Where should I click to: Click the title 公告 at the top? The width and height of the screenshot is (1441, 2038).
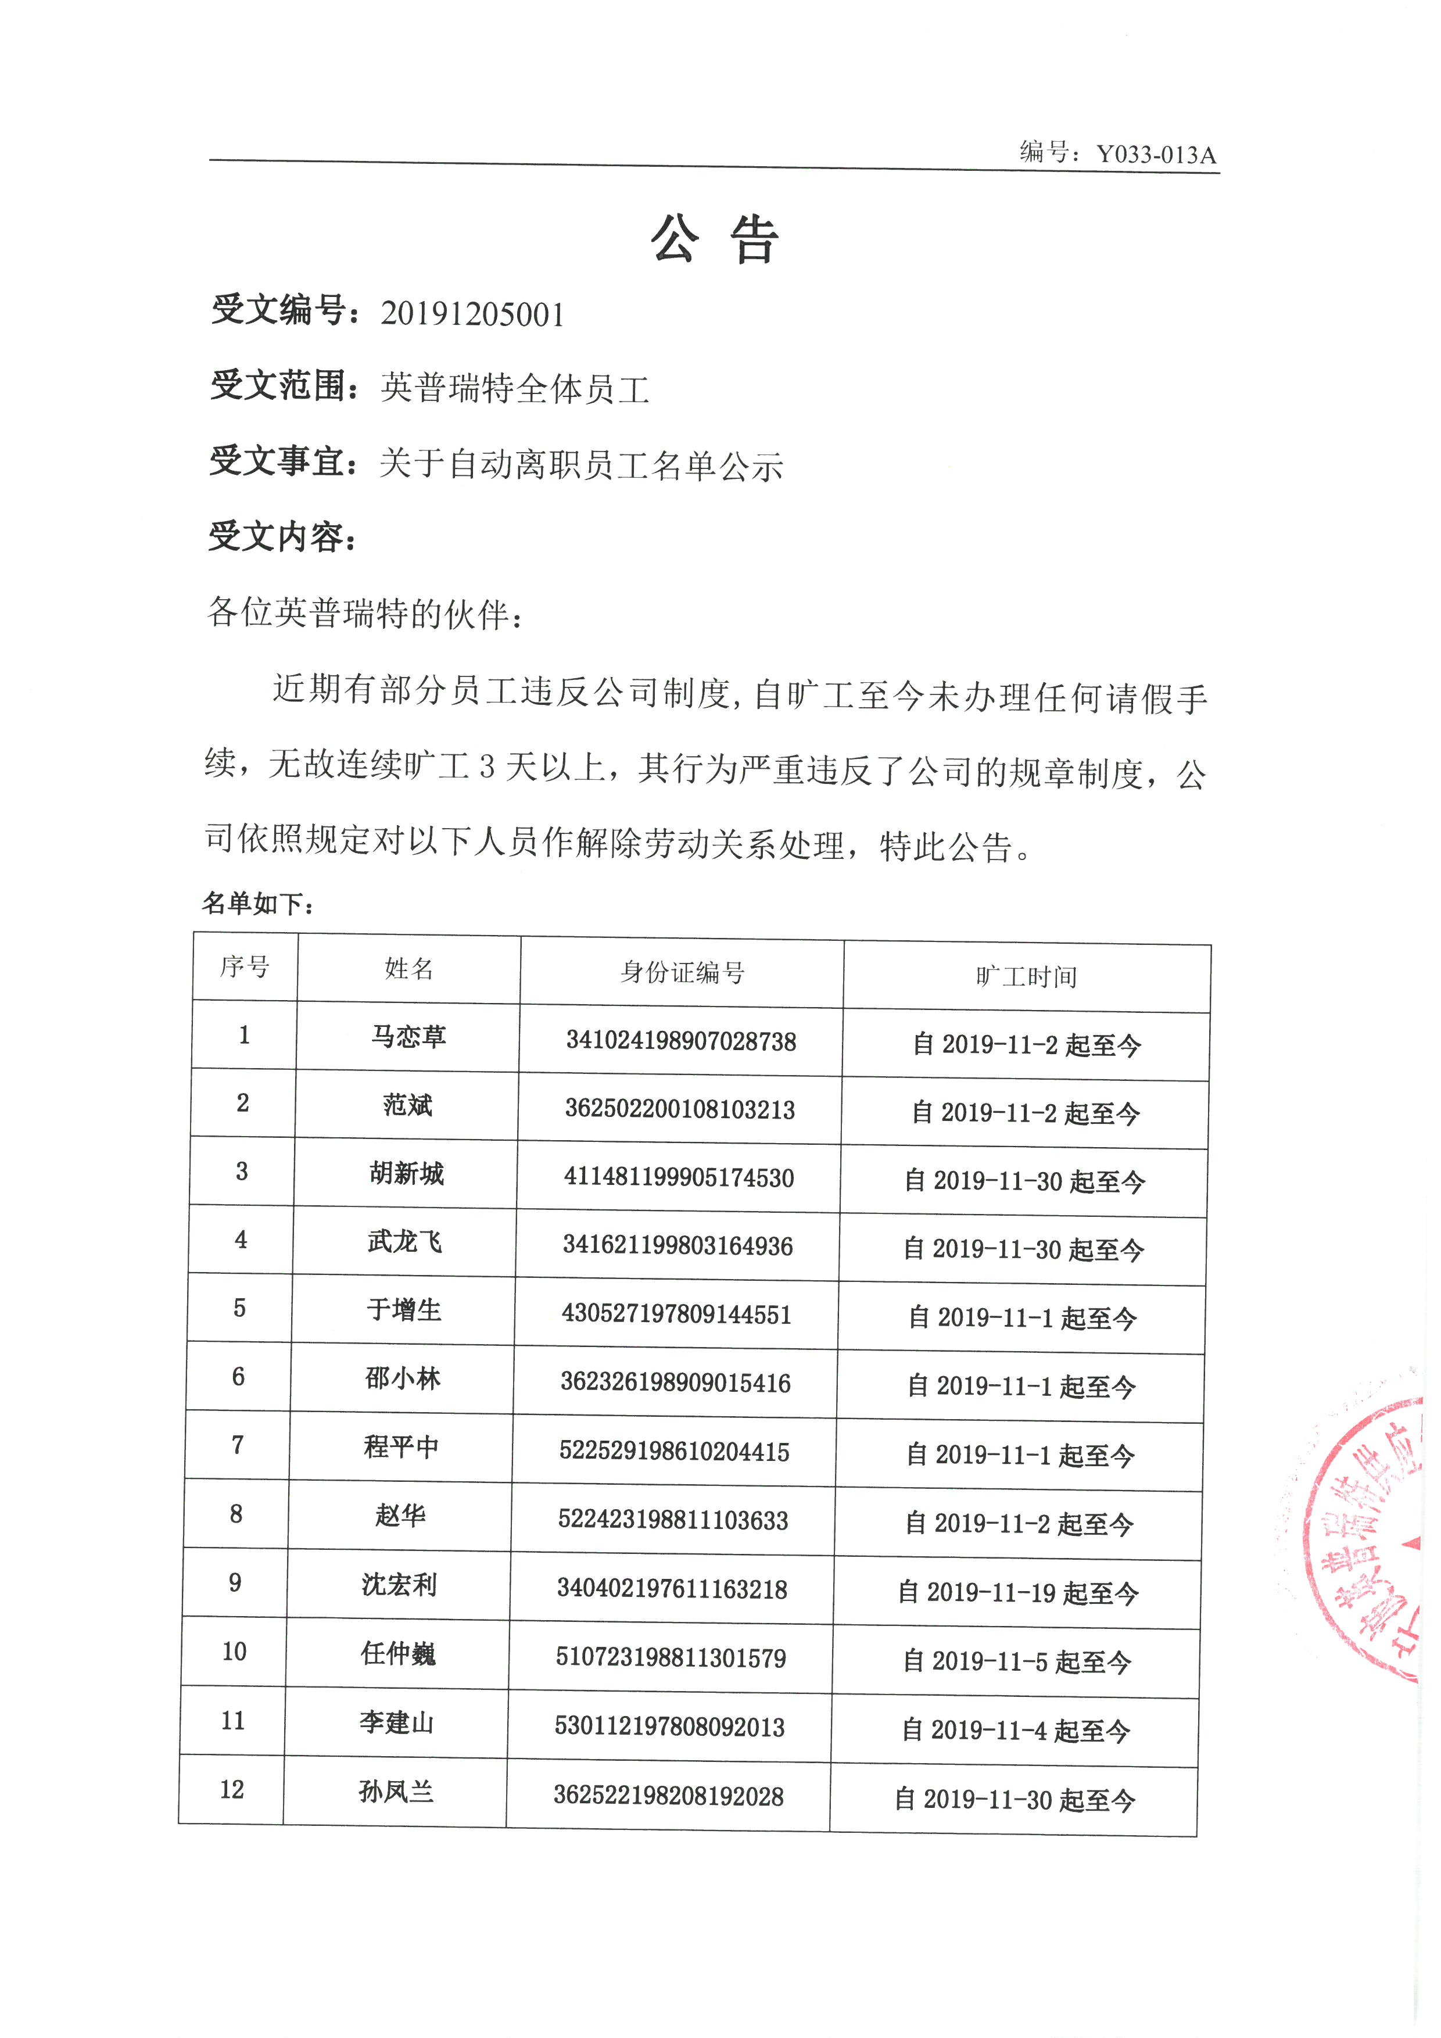point(715,239)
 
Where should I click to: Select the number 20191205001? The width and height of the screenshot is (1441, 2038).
point(472,314)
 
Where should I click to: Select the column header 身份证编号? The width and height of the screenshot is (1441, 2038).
point(682,972)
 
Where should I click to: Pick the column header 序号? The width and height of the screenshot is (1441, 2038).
point(245,966)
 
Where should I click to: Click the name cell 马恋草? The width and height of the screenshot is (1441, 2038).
point(408,1037)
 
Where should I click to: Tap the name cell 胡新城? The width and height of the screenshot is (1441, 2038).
point(406,1173)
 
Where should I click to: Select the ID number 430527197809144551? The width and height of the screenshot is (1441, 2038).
point(676,1315)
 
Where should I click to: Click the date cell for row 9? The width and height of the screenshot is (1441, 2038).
point(1018,1592)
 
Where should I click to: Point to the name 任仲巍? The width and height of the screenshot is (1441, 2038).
point(399,1653)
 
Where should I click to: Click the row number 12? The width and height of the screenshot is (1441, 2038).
point(232,1789)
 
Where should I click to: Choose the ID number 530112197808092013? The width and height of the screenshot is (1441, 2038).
point(670,1727)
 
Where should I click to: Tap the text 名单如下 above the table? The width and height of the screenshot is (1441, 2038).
point(257,904)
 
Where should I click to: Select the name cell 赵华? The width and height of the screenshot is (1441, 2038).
point(400,1515)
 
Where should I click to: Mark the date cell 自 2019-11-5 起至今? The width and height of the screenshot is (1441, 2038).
point(1017,1661)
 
